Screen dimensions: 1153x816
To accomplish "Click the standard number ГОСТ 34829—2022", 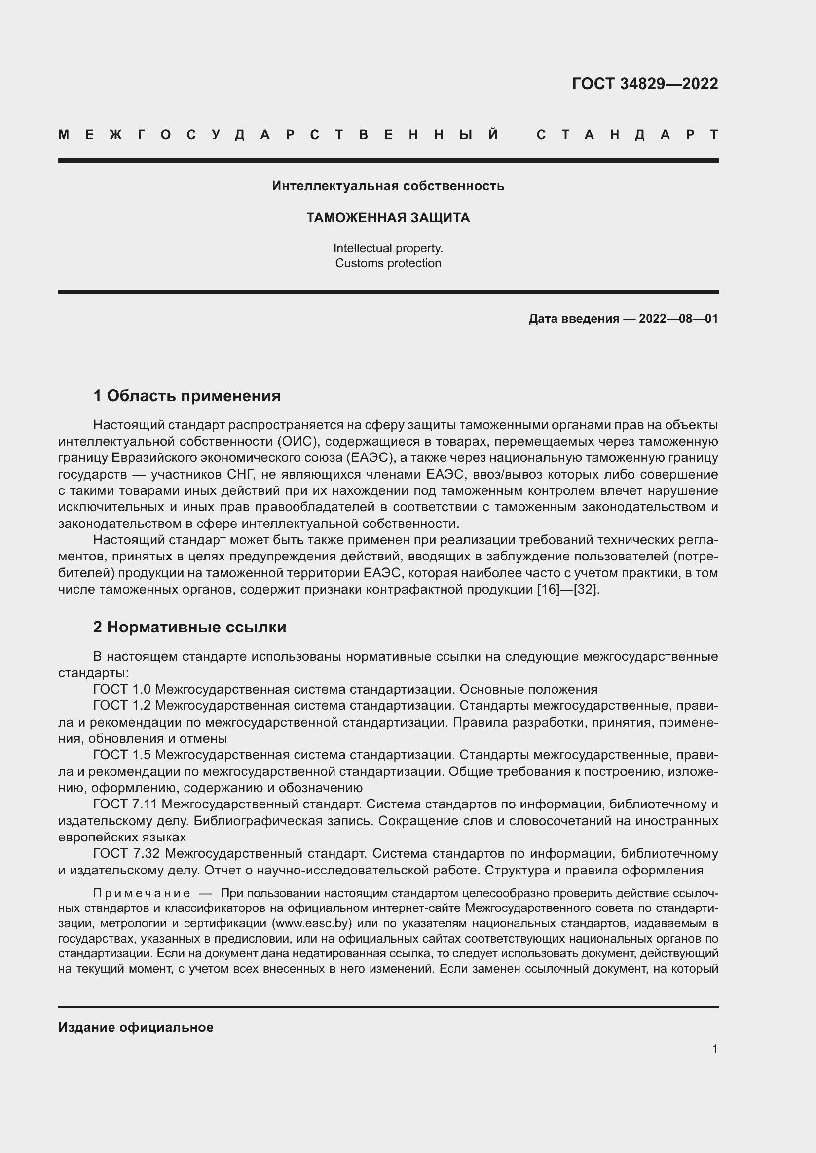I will pos(645,83).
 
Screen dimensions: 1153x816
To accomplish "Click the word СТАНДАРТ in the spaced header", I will pos(627,135).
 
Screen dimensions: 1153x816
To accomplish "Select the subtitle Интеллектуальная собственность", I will pos(388,186).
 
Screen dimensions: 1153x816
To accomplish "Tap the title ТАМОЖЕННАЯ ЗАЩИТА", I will pos(388,218).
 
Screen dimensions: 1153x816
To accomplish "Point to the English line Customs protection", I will pos(388,263).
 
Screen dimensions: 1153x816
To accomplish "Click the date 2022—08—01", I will pos(678,319).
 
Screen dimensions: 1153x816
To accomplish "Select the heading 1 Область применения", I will pos(186,396).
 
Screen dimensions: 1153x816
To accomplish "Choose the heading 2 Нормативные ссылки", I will pos(189,627).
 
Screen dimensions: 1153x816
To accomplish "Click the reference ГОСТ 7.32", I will pos(126,853).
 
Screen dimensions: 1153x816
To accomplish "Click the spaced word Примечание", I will pos(142,893).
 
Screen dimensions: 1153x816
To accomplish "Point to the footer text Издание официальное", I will pos(136,1027).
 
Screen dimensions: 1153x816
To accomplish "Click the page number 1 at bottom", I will pos(714,1048).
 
